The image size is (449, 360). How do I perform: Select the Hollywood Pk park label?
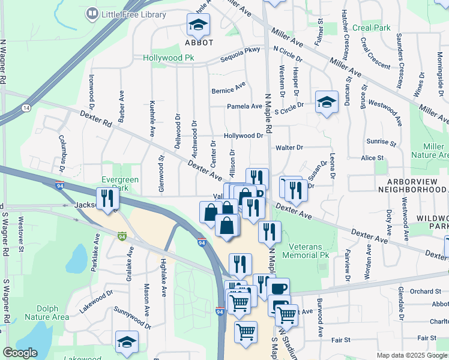coord(169,58)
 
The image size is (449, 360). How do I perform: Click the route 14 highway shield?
coord(25,107)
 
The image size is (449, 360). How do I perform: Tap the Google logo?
coord(20,353)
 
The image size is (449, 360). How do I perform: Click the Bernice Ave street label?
coord(229,88)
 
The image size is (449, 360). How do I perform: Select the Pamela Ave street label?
coord(244,106)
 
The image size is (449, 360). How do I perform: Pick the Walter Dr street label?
coord(289,147)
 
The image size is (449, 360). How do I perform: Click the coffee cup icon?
coord(278,289)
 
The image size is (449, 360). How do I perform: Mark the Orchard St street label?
coord(427,291)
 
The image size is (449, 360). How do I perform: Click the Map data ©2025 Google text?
coord(412,355)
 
